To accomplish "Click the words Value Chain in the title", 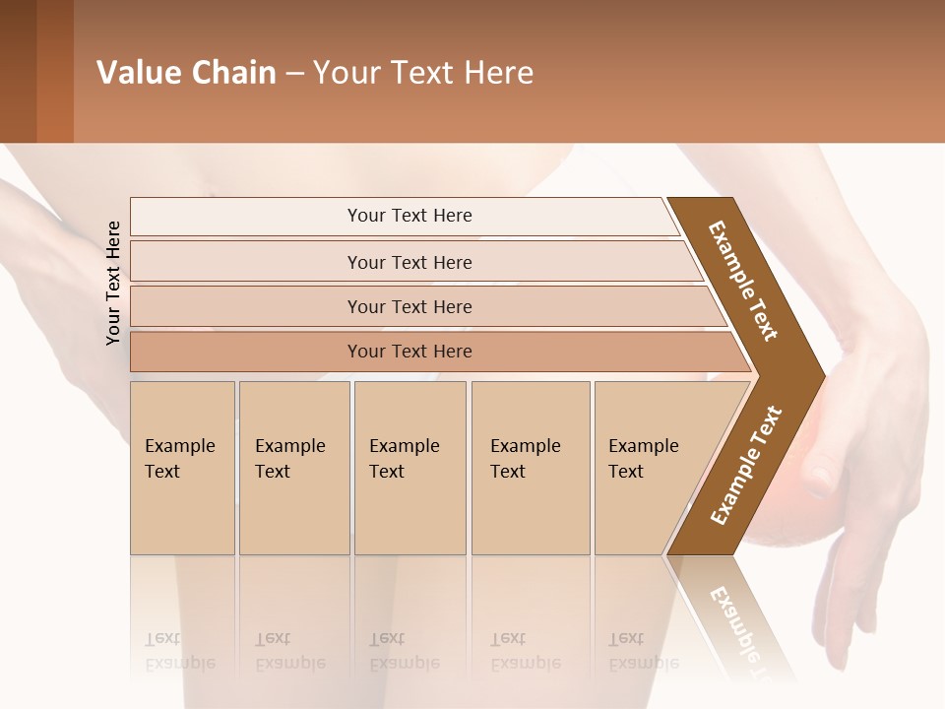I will [x=186, y=73].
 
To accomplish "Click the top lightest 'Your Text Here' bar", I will [x=409, y=216].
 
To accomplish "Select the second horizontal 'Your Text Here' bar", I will [x=409, y=262].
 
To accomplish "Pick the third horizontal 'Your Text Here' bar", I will [x=409, y=306].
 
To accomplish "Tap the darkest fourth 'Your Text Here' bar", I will [x=409, y=352].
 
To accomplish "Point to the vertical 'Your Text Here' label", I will [x=114, y=283].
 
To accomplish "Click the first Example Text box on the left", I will [x=182, y=468].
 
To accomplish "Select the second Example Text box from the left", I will [x=293, y=468].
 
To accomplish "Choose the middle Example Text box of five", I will [x=409, y=468].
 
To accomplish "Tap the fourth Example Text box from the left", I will [x=530, y=468].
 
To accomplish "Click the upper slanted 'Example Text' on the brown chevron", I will [x=743, y=281].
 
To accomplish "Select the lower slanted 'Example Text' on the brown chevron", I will [x=746, y=465].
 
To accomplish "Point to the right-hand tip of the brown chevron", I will [x=822, y=375].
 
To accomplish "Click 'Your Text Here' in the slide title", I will [x=423, y=73].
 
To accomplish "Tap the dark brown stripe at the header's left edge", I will [x=18, y=71].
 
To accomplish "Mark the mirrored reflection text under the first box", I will [x=179, y=652].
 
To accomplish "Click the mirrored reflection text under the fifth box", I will [x=643, y=652].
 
